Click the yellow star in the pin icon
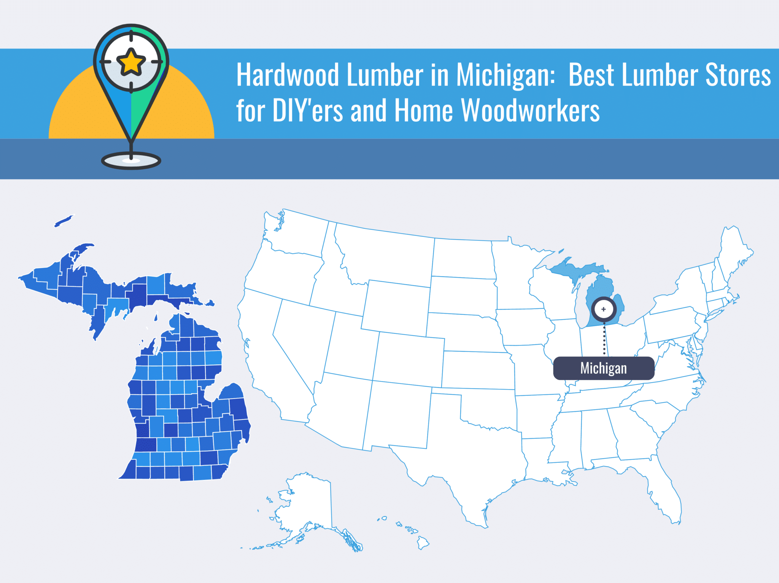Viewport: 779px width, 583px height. (131, 62)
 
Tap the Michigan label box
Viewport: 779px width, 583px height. (604, 368)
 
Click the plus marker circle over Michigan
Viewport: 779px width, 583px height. (604, 309)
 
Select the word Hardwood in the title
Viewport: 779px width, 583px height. (288, 75)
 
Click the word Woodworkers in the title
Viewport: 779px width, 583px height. (531, 111)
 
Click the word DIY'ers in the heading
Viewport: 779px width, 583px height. (308, 111)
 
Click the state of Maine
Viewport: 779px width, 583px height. (734, 251)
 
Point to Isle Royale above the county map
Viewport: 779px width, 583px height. (64, 221)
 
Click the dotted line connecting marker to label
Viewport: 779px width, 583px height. (604, 338)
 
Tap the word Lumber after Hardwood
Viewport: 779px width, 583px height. (385, 75)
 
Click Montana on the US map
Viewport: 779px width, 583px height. (384, 255)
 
